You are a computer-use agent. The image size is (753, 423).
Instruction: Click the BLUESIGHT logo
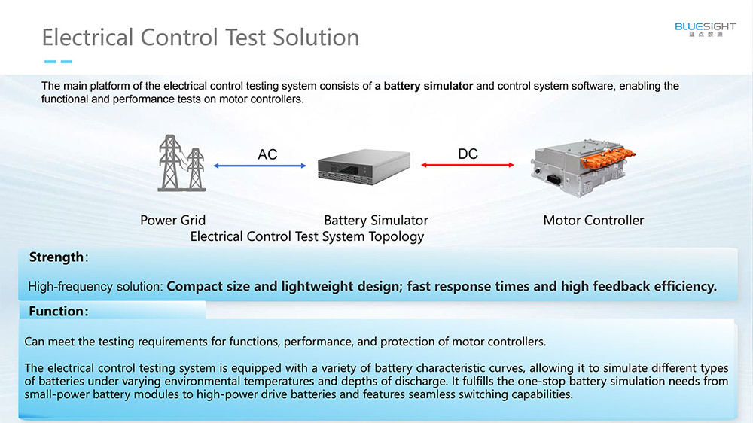click(x=705, y=29)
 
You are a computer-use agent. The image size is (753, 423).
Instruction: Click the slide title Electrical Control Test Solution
click(x=201, y=38)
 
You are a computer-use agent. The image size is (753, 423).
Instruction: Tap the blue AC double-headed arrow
click(x=260, y=166)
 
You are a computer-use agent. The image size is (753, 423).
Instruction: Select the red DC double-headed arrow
click(x=468, y=165)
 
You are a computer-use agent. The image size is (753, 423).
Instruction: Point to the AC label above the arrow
click(x=267, y=154)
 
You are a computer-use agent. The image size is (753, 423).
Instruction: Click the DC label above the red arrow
click(x=468, y=154)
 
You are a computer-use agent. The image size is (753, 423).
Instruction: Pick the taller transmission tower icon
click(x=169, y=163)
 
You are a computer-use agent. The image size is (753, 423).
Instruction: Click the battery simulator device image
click(x=364, y=166)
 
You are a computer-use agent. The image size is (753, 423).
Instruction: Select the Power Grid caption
click(x=173, y=220)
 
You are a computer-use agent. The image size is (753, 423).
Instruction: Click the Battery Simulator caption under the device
click(x=376, y=220)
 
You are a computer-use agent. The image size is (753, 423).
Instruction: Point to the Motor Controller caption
click(x=593, y=220)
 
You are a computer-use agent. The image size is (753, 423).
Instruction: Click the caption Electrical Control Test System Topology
click(x=307, y=236)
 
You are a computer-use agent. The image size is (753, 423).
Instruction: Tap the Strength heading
click(x=56, y=257)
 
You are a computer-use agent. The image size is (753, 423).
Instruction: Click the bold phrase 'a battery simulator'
click(x=424, y=86)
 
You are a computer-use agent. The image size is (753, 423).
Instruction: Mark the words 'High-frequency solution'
click(x=95, y=287)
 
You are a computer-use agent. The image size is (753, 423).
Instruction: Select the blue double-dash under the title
click(x=58, y=62)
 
